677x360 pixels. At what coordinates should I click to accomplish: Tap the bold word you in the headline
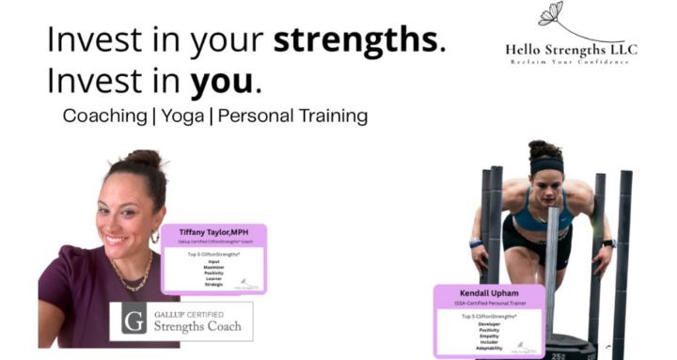click(222, 83)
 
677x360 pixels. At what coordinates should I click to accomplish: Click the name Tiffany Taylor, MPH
click(215, 231)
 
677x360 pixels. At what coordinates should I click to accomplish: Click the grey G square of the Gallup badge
click(133, 320)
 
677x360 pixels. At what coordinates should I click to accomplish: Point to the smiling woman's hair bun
click(140, 159)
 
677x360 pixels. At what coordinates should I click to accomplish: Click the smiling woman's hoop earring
click(154, 238)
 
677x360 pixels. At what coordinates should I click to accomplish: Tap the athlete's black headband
click(545, 164)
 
